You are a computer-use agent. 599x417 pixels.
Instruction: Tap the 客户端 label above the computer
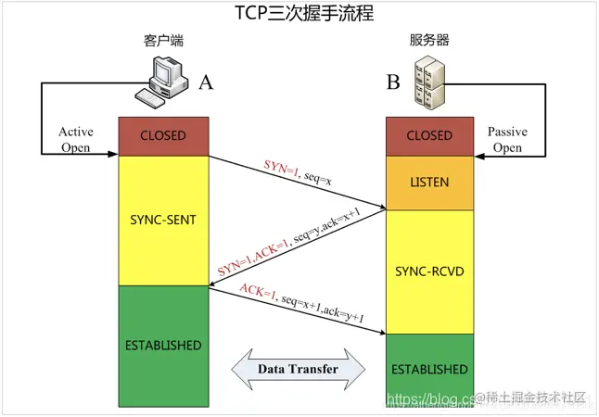[162, 41]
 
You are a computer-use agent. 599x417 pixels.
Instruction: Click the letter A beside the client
[205, 82]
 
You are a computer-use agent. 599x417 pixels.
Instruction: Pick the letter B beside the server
[393, 83]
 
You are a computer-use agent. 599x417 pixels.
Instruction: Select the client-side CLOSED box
[163, 136]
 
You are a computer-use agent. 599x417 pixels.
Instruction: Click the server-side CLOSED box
[429, 136]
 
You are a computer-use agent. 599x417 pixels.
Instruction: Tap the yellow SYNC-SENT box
[163, 221]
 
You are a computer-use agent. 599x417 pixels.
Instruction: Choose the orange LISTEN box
[429, 183]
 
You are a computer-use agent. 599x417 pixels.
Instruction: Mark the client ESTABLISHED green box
[163, 346]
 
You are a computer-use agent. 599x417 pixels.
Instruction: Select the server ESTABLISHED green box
[429, 369]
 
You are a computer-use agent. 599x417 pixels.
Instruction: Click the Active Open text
[75, 140]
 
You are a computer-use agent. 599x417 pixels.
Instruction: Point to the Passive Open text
[506, 140]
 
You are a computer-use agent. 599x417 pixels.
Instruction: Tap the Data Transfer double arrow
[297, 369]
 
